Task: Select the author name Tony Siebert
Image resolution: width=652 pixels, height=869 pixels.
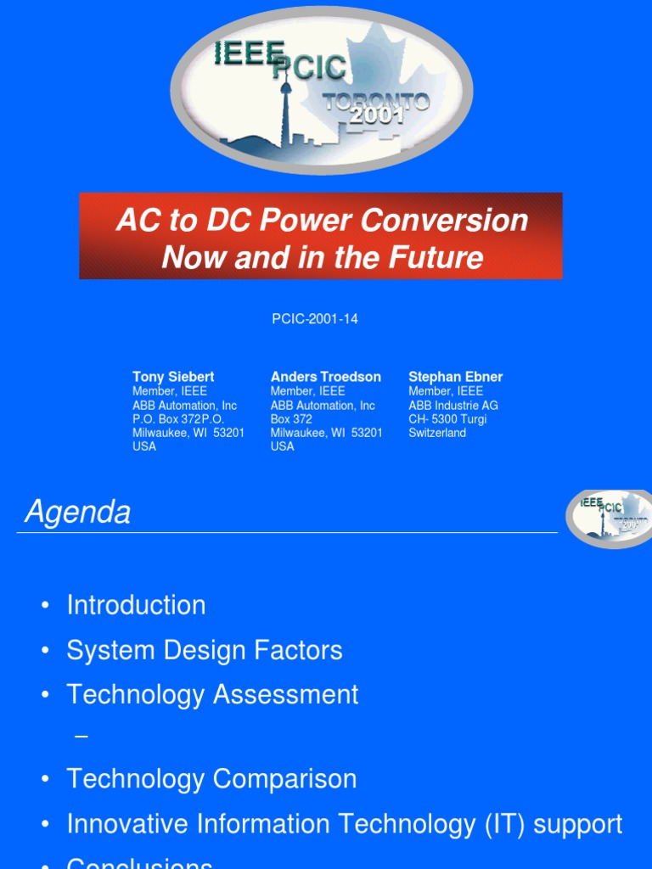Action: [173, 377]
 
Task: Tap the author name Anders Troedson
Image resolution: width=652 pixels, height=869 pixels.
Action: [325, 377]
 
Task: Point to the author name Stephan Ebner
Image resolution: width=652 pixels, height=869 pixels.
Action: [455, 377]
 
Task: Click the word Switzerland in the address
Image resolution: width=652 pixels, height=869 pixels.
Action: [437, 433]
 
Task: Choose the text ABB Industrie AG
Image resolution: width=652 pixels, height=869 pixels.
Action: [453, 405]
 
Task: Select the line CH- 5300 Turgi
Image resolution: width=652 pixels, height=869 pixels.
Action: [447, 419]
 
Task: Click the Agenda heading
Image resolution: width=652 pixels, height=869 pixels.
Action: [78, 513]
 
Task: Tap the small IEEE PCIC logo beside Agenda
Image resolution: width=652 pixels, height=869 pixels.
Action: [609, 518]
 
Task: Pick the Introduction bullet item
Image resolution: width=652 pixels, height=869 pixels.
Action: [136, 605]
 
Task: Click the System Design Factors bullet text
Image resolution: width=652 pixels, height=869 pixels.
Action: [205, 650]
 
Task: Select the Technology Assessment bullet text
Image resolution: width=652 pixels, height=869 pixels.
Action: [212, 694]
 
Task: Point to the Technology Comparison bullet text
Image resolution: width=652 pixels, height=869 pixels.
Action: [211, 778]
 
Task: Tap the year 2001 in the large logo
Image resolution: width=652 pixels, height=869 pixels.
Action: [377, 117]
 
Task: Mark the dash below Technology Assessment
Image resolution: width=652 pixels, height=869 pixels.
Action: [81, 737]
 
